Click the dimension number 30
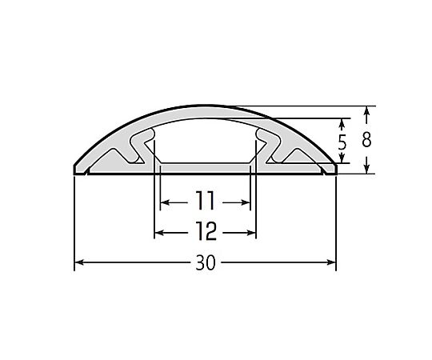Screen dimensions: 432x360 (x=206, y=262)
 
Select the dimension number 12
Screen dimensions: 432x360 (x=206, y=231)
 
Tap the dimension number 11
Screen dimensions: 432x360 (x=205, y=201)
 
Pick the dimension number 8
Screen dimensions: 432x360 (x=366, y=139)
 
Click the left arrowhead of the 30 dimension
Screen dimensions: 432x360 (x=79, y=262)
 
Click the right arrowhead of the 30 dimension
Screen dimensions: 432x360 (x=331, y=262)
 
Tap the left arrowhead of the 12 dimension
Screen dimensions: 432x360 (x=159, y=233)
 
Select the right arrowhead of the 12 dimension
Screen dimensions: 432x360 (x=251, y=233)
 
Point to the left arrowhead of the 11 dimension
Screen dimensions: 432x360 (x=165, y=202)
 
